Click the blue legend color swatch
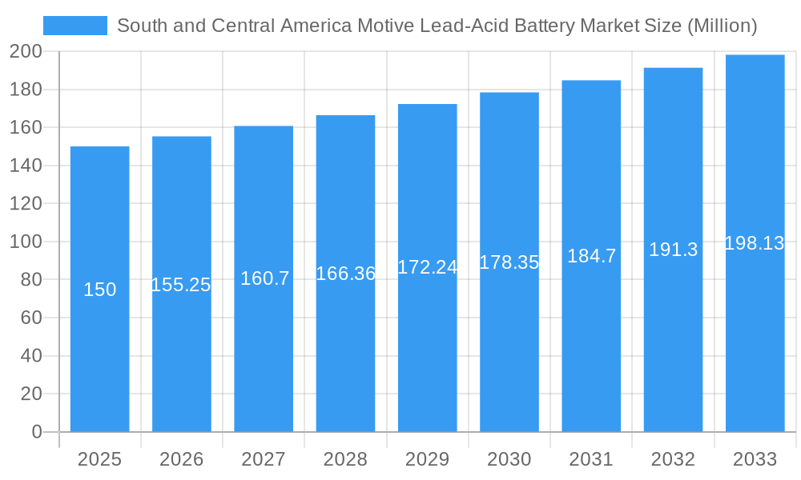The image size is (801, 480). [74, 26]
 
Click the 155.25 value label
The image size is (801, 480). [181, 285]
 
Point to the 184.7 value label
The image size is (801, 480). [591, 256]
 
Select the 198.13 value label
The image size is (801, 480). [754, 243]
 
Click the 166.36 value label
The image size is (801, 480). [345, 274]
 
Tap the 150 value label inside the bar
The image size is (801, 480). [100, 290]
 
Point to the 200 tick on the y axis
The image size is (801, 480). [26, 52]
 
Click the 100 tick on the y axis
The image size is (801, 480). [26, 242]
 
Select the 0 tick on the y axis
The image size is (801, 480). [36, 432]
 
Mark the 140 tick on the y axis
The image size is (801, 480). [26, 166]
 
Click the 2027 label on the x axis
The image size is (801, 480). [264, 459]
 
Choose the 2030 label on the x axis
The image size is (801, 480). [509, 459]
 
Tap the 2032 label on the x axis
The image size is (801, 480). [673, 459]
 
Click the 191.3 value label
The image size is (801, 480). [673, 250]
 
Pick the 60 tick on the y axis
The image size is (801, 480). [30, 318]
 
